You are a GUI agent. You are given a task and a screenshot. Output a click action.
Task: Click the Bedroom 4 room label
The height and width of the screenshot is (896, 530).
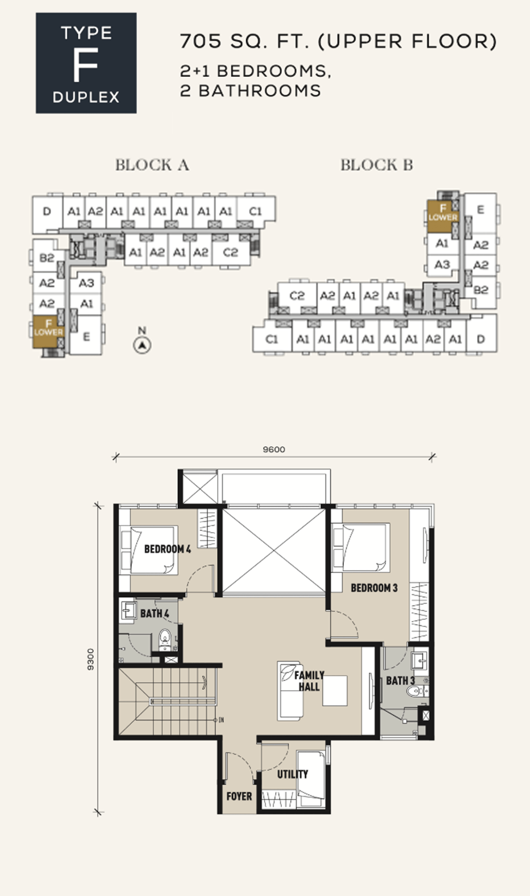pos(167,549)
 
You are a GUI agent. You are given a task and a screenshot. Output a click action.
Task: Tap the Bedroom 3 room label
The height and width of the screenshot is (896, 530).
pos(374,588)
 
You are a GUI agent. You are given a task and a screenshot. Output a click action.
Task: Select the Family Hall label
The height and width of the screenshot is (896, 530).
pos(309,681)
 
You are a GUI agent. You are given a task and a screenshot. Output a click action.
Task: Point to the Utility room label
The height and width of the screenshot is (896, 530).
pos(293,774)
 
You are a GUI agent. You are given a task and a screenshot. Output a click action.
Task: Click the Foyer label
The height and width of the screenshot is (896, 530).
pos(239,796)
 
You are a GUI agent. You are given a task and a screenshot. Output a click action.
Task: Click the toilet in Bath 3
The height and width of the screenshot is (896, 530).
pos(416,691)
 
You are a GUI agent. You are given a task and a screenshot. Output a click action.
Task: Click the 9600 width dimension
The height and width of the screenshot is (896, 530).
pos(274,450)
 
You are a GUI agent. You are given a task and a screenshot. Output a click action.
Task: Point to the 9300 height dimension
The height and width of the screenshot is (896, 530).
pos(91,659)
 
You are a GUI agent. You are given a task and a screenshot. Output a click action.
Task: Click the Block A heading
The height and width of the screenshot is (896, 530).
pos(152,165)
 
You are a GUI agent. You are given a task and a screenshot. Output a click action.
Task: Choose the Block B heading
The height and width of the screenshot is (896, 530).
pos(377,165)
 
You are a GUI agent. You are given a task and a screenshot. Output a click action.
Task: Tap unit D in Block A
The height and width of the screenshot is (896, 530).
pos(47,211)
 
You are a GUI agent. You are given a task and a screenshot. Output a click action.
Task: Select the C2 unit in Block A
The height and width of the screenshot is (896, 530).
pos(230,252)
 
